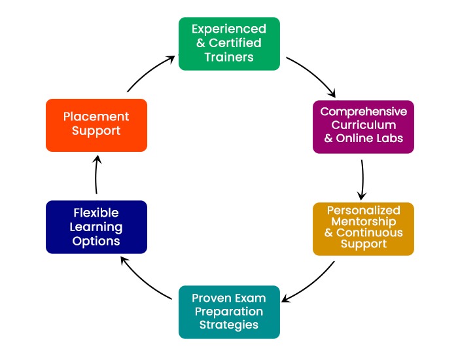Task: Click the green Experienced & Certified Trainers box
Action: click(229, 43)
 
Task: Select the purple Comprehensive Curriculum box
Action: click(363, 126)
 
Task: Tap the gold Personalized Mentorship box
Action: click(363, 228)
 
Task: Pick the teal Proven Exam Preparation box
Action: click(229, 312)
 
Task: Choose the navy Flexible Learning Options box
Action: click(96, 226)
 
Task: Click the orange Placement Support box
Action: click(96, 124)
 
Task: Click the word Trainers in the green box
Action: click(229, 57)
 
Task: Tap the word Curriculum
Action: click(363, 124)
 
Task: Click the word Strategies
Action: click(229, 324)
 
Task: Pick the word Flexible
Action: click(96, 213)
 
